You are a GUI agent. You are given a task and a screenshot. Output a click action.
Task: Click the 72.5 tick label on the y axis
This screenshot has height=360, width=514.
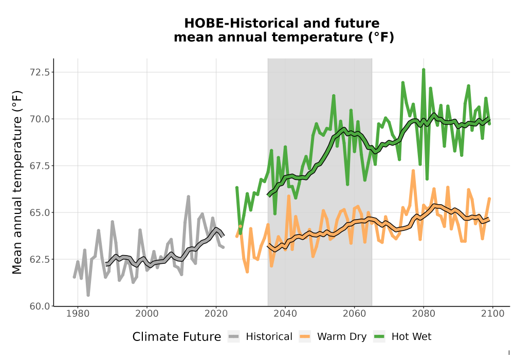pos(40,72)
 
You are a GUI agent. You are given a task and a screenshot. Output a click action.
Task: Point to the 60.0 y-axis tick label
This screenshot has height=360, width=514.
pos(40,306)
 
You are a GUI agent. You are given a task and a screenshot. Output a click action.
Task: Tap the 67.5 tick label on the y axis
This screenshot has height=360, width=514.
pos(40,166)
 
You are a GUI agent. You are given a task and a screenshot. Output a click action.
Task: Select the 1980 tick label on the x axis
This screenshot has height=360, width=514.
pos(78,314)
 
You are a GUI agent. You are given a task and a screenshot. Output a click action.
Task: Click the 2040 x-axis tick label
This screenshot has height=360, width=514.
pos(285,314)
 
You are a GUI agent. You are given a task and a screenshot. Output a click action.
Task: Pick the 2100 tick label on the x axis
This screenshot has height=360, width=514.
pos(493,314)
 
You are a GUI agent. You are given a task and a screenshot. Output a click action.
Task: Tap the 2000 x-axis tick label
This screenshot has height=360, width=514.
pos(147,314)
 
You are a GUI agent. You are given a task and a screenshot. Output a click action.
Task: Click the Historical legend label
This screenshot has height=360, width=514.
pos(269,337)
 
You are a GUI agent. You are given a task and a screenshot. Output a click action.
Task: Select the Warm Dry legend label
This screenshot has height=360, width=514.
pos(342,337)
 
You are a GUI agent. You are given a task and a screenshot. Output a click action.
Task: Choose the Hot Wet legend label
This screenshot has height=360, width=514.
pos(411,337)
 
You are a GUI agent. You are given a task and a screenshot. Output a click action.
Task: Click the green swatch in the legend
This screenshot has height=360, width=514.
pos(379,337)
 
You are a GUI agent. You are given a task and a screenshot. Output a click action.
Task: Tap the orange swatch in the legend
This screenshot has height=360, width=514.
pos(305,337)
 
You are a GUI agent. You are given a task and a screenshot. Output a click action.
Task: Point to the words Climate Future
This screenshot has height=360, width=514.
pos(177,337)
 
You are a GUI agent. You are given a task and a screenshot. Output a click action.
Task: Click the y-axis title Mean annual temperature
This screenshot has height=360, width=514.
pos(17,182)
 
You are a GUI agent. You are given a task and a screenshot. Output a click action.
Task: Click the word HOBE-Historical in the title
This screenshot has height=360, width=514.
pos(241,23)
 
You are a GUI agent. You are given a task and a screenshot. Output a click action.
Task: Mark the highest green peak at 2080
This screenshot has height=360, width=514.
pos(424,70)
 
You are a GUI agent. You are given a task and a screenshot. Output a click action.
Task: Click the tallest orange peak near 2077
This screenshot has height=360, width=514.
pos(413,171)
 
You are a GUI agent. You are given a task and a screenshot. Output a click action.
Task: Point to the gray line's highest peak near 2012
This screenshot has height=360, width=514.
pos(189,197)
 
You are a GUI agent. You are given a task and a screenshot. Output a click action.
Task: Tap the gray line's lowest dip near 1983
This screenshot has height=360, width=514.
pos(88,295)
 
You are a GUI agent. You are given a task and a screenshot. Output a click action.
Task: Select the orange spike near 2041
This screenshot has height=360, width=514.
pos(289,196)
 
